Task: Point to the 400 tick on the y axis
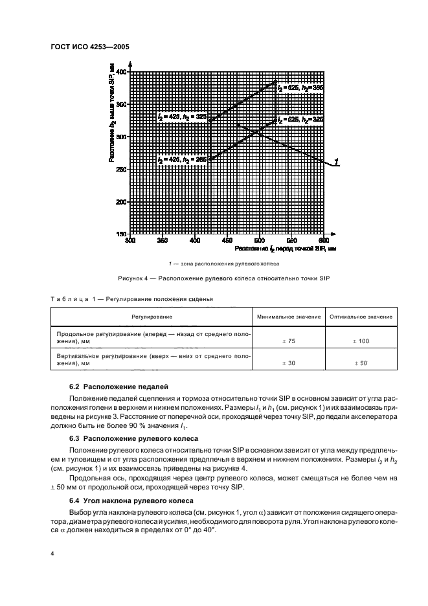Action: tap(120, 71)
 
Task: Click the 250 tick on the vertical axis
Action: tap(120, 169)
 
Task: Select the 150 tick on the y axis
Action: tap(120, 234)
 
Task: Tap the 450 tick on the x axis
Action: tap(227, 240)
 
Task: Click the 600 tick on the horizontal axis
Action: tap(324, 240)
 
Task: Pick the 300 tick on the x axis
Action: tap(130, 240)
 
